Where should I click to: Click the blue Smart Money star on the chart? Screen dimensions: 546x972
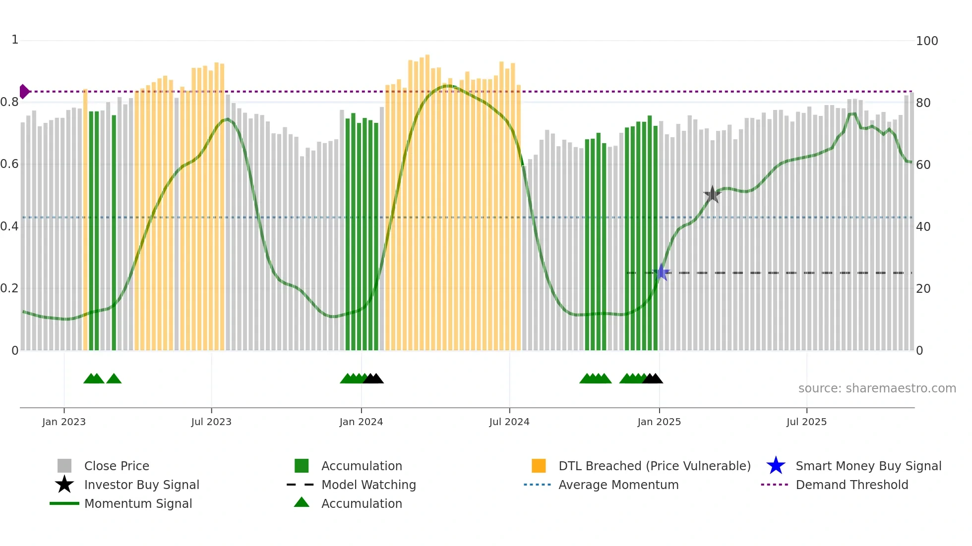point(661,273)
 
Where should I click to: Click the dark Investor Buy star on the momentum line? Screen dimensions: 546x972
point(712,194)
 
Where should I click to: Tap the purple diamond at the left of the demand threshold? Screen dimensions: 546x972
point(24,92)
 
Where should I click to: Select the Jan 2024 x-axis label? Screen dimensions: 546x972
point(361,422)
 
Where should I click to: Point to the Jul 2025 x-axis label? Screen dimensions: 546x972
point(806,422)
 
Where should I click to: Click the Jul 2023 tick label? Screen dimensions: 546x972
point(211,422)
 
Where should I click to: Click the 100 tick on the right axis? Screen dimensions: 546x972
point(926,41)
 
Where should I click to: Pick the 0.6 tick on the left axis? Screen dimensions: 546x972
point(9,164)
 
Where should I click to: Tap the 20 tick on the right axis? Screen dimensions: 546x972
point(923,289)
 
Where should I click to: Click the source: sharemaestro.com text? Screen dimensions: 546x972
point(877,388)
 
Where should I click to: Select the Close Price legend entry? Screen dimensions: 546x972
point(117,466)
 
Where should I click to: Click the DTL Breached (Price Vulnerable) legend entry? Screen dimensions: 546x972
point(654,466)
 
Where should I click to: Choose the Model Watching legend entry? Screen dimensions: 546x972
point(368,485)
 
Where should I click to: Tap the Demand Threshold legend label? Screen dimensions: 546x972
point(851,485)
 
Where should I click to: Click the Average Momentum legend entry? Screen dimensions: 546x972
point(618,485)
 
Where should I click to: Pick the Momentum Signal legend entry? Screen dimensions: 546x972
point(138,503)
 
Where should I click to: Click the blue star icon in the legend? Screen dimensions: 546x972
point(776,466)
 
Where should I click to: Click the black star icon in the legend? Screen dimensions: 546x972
point(64,485)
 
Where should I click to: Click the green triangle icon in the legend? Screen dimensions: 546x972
point(302,502)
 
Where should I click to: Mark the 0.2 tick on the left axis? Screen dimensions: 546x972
point(9,288)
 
